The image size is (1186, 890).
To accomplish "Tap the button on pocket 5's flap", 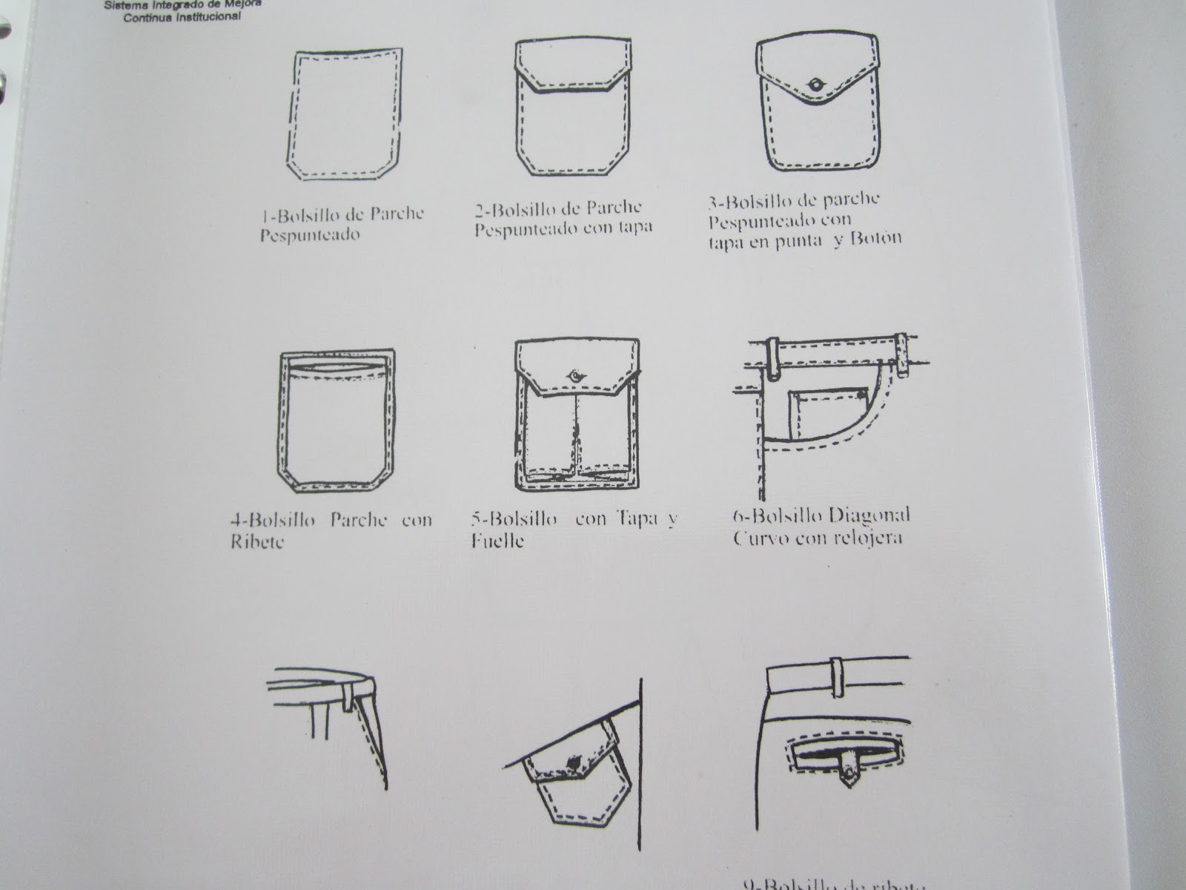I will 574,376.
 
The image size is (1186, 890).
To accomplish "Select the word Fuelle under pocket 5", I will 497,541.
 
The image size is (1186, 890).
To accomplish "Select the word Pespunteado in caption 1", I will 310,236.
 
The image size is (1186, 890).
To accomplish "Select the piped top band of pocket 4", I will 339,364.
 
